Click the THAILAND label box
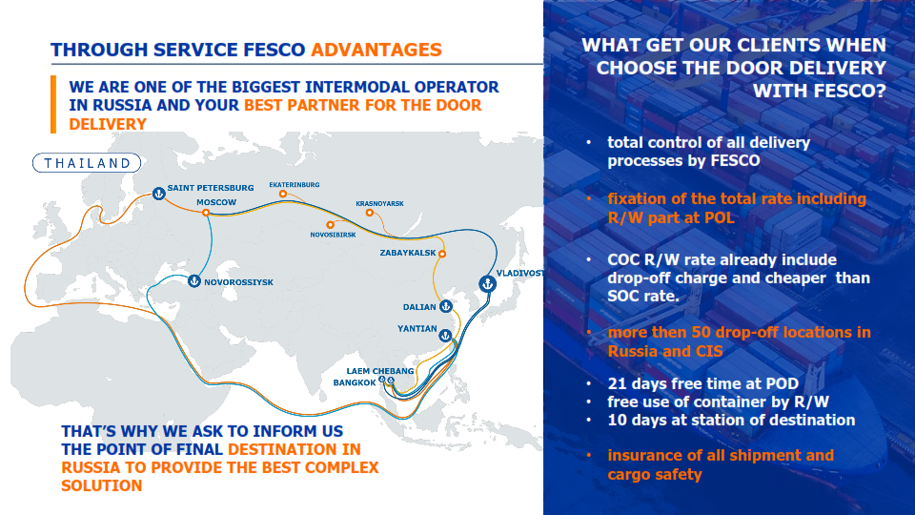(87, 163)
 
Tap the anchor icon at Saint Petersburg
(159, 194)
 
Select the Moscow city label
(216, 202)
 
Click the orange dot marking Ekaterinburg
(283, 194)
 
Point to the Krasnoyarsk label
(380, 204)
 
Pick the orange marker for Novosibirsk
(331, 225)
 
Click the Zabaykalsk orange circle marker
(442, 254)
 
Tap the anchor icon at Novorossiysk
(194, 280)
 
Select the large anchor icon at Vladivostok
(488, 284)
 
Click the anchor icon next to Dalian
(446, 306)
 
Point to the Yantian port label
(417, 329)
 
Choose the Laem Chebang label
(380, 371)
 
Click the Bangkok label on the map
(355, 382)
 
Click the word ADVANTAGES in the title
(376, 51)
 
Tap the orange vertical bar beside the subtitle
(53, 105)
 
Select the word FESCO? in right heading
(849, 92)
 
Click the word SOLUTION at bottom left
(102, 485)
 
